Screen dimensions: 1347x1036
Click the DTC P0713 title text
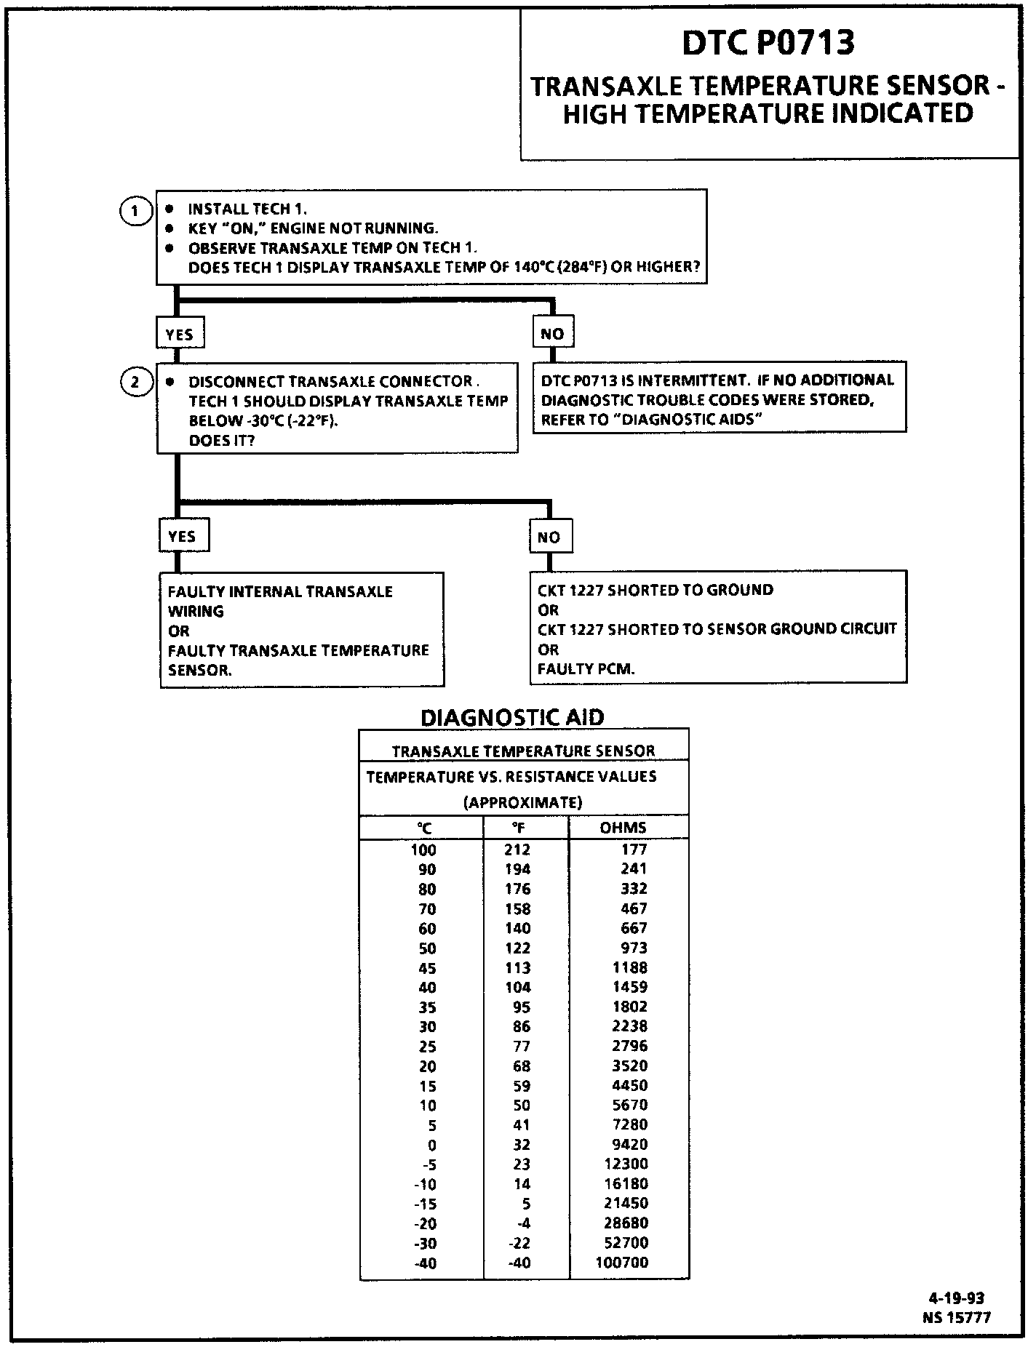(768, 44)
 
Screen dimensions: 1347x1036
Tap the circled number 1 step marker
(135, 212)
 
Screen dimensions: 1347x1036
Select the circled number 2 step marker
(135, 382)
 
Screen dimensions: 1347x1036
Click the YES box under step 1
(180, 334)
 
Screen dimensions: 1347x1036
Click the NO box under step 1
(552, 334)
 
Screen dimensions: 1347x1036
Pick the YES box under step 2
(182, 537)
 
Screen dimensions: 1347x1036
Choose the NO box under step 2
(549, 537)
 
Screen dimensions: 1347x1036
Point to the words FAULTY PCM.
(586, 669)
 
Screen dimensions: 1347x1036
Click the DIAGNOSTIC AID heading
(512, 718)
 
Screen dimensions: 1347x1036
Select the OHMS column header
(623, 828)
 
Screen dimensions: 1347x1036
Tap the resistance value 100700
(621, 1263)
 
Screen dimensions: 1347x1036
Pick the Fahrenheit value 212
(517, 850)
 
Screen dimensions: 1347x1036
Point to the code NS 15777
(956, 1317)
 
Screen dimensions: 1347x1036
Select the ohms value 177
(634, 849)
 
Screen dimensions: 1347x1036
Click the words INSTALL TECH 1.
(247, 209)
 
